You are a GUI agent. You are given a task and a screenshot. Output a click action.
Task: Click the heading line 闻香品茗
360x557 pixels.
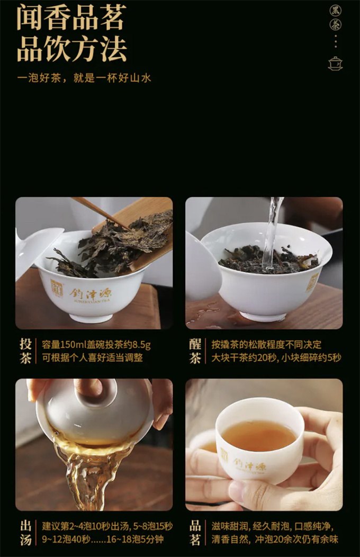coord(71,18)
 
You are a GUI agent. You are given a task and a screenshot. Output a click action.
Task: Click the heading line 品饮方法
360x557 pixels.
coord(71,49)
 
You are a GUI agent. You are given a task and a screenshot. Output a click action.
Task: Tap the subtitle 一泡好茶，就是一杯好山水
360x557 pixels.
coord(85,78)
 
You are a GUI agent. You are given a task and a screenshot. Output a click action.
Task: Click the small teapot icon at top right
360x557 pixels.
coord(335,63)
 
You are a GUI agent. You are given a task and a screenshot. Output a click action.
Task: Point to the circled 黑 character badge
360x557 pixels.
coord(336,10)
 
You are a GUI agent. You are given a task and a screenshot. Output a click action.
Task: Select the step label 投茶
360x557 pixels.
coord(25,351)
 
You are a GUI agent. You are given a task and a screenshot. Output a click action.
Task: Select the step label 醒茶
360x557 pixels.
coord(195,351)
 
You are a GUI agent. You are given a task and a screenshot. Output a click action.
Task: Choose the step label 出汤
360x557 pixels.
coord(25,533)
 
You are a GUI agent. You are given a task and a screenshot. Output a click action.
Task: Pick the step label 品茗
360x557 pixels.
coord(195,533)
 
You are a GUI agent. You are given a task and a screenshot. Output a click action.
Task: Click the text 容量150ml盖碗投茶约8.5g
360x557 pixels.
coord(96,345)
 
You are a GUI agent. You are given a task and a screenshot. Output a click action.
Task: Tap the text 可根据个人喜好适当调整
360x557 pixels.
coord(92,357)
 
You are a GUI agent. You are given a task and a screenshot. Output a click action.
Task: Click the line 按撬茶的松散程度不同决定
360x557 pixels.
coord(266,345)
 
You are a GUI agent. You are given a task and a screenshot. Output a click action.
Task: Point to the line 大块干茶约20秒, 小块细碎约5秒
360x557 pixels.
coord(276,357)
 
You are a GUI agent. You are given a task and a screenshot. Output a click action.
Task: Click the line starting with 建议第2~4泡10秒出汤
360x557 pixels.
coord(107,526)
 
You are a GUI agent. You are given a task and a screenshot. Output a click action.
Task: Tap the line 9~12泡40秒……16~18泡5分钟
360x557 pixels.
coord(103,539)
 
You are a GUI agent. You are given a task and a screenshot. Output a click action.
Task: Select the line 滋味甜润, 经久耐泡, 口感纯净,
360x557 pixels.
coord(273,526)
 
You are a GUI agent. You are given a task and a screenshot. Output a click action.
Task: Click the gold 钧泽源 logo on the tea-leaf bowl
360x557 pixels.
coord(91,294)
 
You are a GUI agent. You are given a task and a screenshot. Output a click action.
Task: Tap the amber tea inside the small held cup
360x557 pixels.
coord(259,436)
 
